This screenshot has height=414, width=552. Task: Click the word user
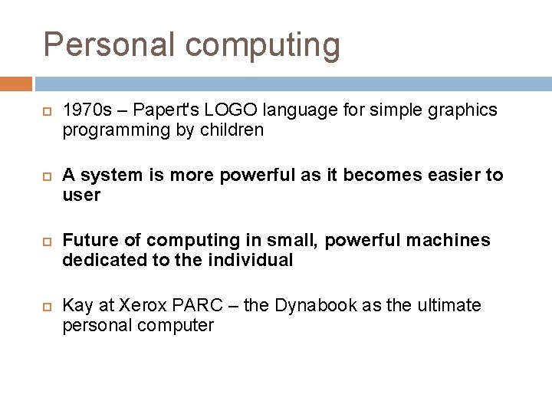81,195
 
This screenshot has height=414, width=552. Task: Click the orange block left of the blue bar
16,83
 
